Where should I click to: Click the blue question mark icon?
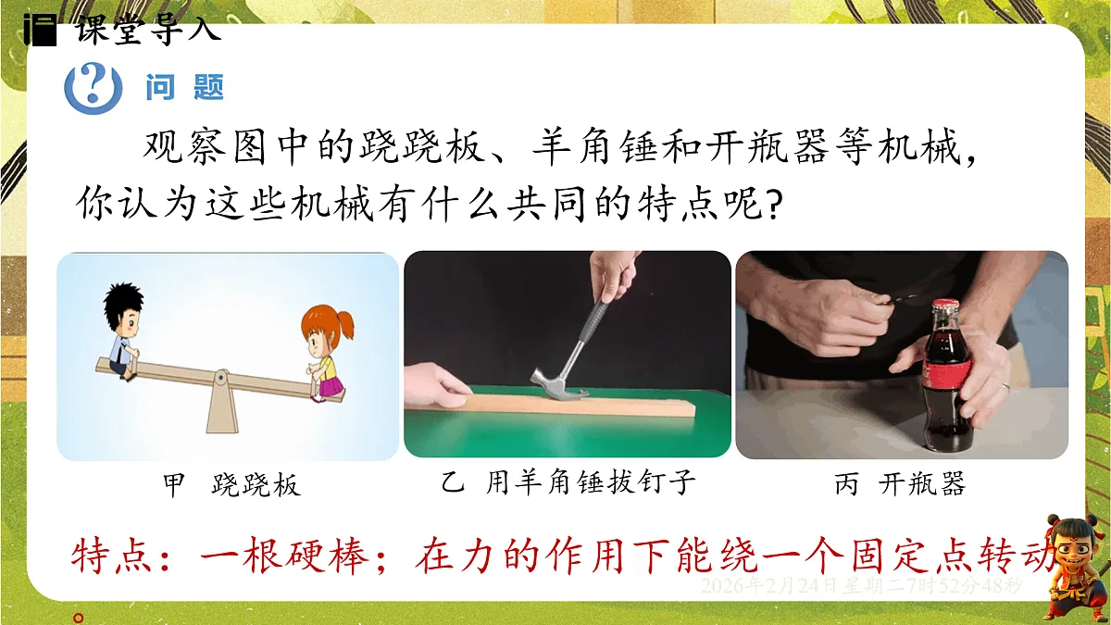pyautogui.click(x=93, y=87)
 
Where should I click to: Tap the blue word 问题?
pyautogui.click(x=185, y=88)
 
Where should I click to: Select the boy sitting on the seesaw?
pyautogui.click(x=124, y=329)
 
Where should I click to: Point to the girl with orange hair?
pyautogui.click(x=324, y=352)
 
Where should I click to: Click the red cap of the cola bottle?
pyautogui.click(x=944, y=306)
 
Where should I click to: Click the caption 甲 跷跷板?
pyautogui.click(x=231, y=485)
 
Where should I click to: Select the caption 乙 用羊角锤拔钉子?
pyautogui.click(x=568, y=482)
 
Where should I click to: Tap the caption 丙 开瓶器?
pyautogui.click(x=899, y=483)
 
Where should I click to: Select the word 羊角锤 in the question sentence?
pyautogui.click(x=597, y=148)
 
